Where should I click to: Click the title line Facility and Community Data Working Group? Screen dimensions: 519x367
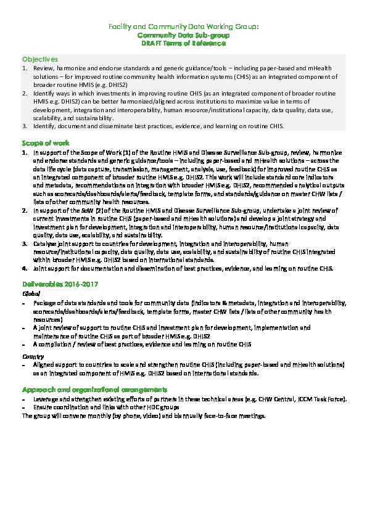[x=183, y=27]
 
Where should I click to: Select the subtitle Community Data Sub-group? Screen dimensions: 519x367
[x=183, y=36]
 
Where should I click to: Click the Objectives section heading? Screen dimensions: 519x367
[x=39, y=59]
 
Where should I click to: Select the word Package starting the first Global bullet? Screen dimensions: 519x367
[x=44, y=304]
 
